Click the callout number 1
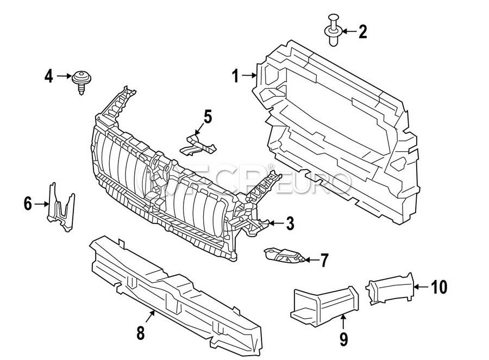pyautogui.click(x=235, y=76)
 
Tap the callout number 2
pyautogui.click(x=362, y=32)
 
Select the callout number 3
pyautogui.click(x=289, y=223)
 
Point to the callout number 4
pyautogui.click(x=49, y=77)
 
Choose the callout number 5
pyautogui.click(x=208, y=116)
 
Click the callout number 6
pyautogui.click(x=28, y=204)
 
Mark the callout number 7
pyautogui.click(x=324, y=260)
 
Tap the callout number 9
pyautogui.click(x=343, y=338)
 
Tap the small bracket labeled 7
pyautogui.click(x=283, y=256)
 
